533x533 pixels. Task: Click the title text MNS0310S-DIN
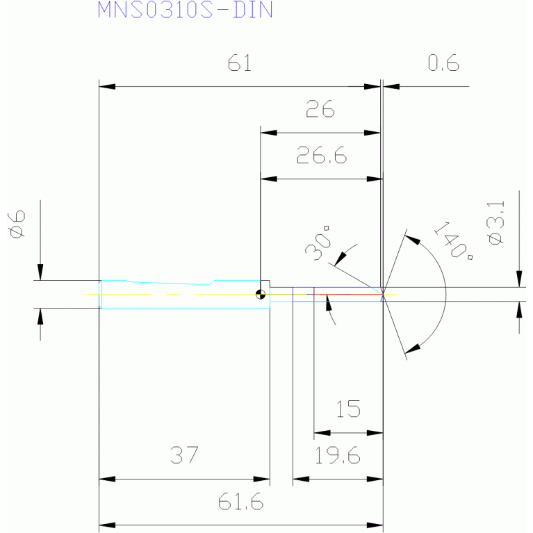point(186,10)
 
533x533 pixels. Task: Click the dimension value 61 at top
point(240,63)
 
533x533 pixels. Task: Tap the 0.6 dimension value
point(443,63)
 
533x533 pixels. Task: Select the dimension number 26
point(320,109)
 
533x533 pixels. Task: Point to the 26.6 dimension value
point(322,155)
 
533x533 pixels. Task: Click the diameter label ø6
point(16,224)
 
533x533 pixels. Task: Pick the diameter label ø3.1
point(495,222)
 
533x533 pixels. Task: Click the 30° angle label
point(318,243)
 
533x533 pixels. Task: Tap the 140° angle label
point(454,240)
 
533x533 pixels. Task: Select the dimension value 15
point(348,409)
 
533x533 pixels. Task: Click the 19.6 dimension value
point(337,455)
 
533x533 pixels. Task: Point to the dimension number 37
point(184,455)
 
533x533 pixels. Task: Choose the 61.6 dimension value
point(240,502)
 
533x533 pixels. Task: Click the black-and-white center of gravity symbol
point(261,295)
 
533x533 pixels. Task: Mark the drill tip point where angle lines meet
point(383,294)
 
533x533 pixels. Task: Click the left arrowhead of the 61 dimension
point(107,87)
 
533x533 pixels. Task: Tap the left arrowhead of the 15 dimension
point(322,433)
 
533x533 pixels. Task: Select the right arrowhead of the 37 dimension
point(262,479)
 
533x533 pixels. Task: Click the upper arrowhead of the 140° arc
point(413,240)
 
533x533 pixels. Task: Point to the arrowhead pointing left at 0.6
point(391,87)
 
